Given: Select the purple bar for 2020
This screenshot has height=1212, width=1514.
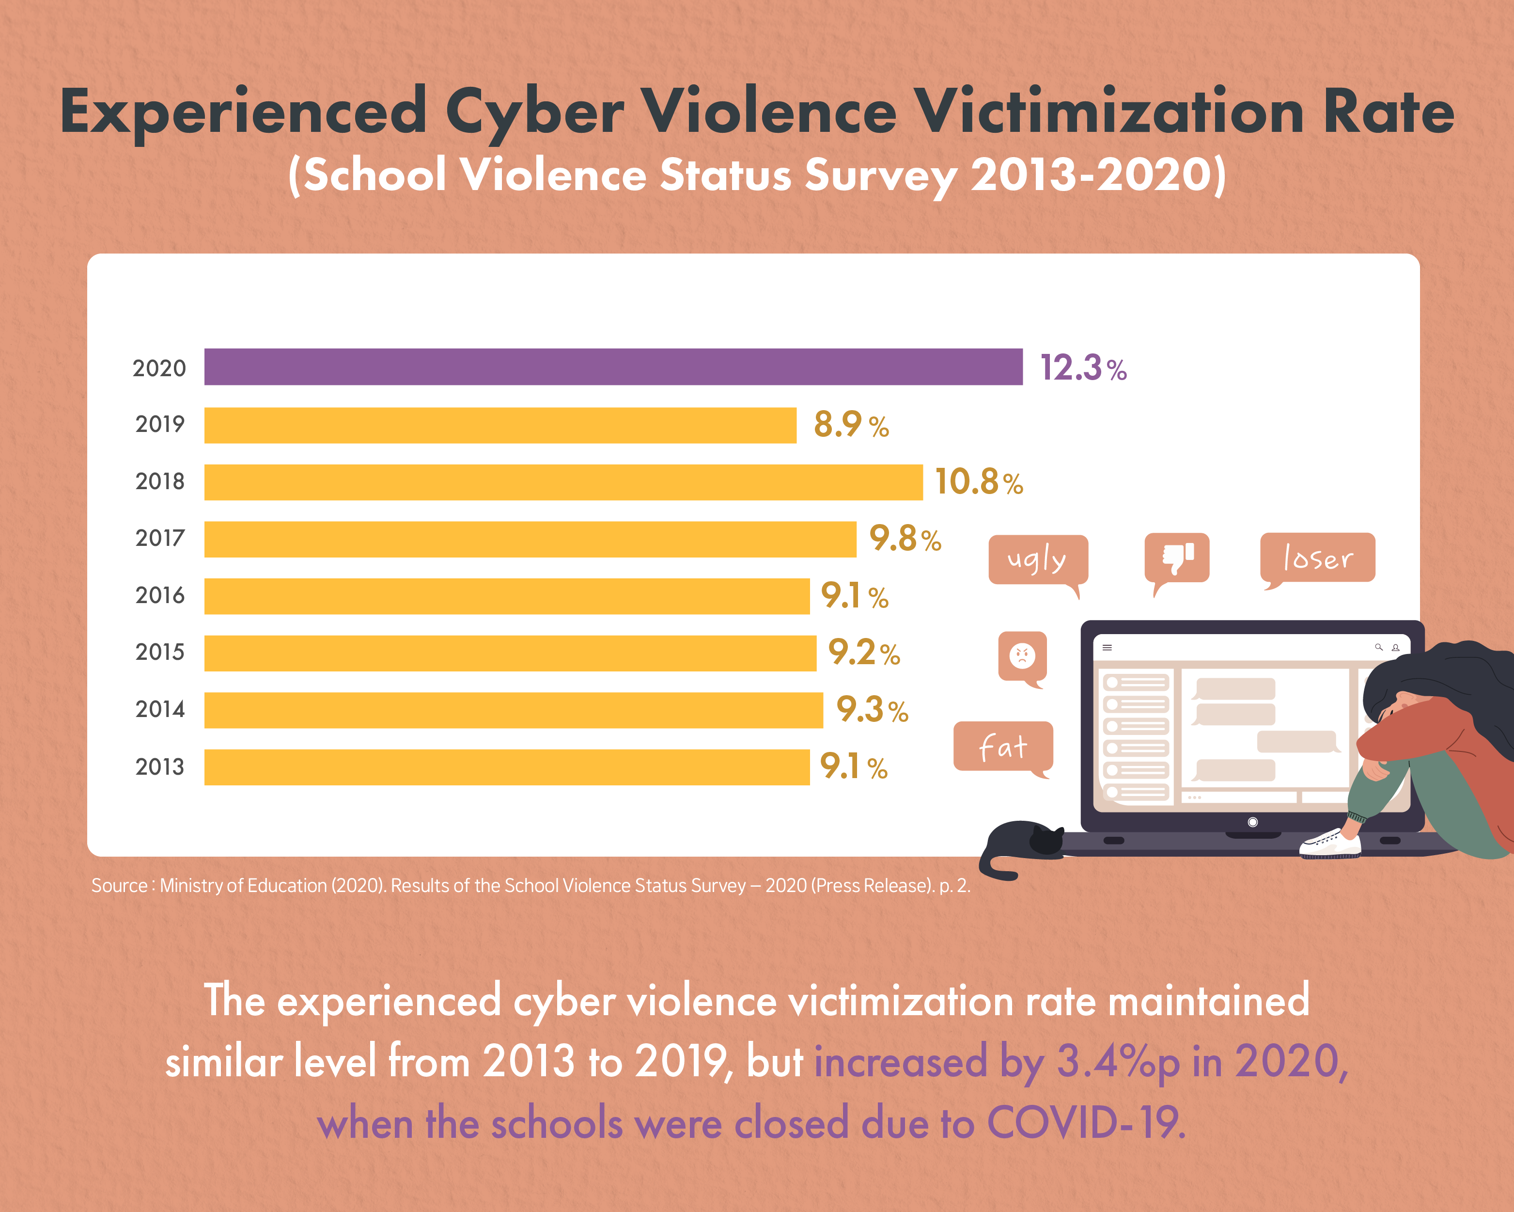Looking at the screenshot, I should click(613, 367).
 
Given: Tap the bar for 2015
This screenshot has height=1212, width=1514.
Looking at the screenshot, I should click(510, 654).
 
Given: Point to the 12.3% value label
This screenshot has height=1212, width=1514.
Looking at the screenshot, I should click(1083, 367).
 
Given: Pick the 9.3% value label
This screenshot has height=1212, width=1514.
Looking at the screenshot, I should click(872, 710).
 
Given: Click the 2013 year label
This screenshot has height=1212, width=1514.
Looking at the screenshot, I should click(159, 766).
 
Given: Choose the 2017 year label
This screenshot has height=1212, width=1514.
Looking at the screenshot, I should click(159, 538).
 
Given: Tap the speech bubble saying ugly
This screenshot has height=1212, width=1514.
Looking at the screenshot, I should click(1037, 560).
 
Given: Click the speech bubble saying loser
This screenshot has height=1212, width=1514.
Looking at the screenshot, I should click(1317, 558).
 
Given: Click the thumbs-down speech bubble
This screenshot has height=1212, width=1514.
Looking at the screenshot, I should click(1177, 558).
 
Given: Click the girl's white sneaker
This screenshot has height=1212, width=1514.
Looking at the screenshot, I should click(1330, 843).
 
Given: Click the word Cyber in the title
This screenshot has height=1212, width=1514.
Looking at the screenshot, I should click(534, 112).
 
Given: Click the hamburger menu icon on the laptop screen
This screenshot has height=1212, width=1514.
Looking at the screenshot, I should click(1108, 648).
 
